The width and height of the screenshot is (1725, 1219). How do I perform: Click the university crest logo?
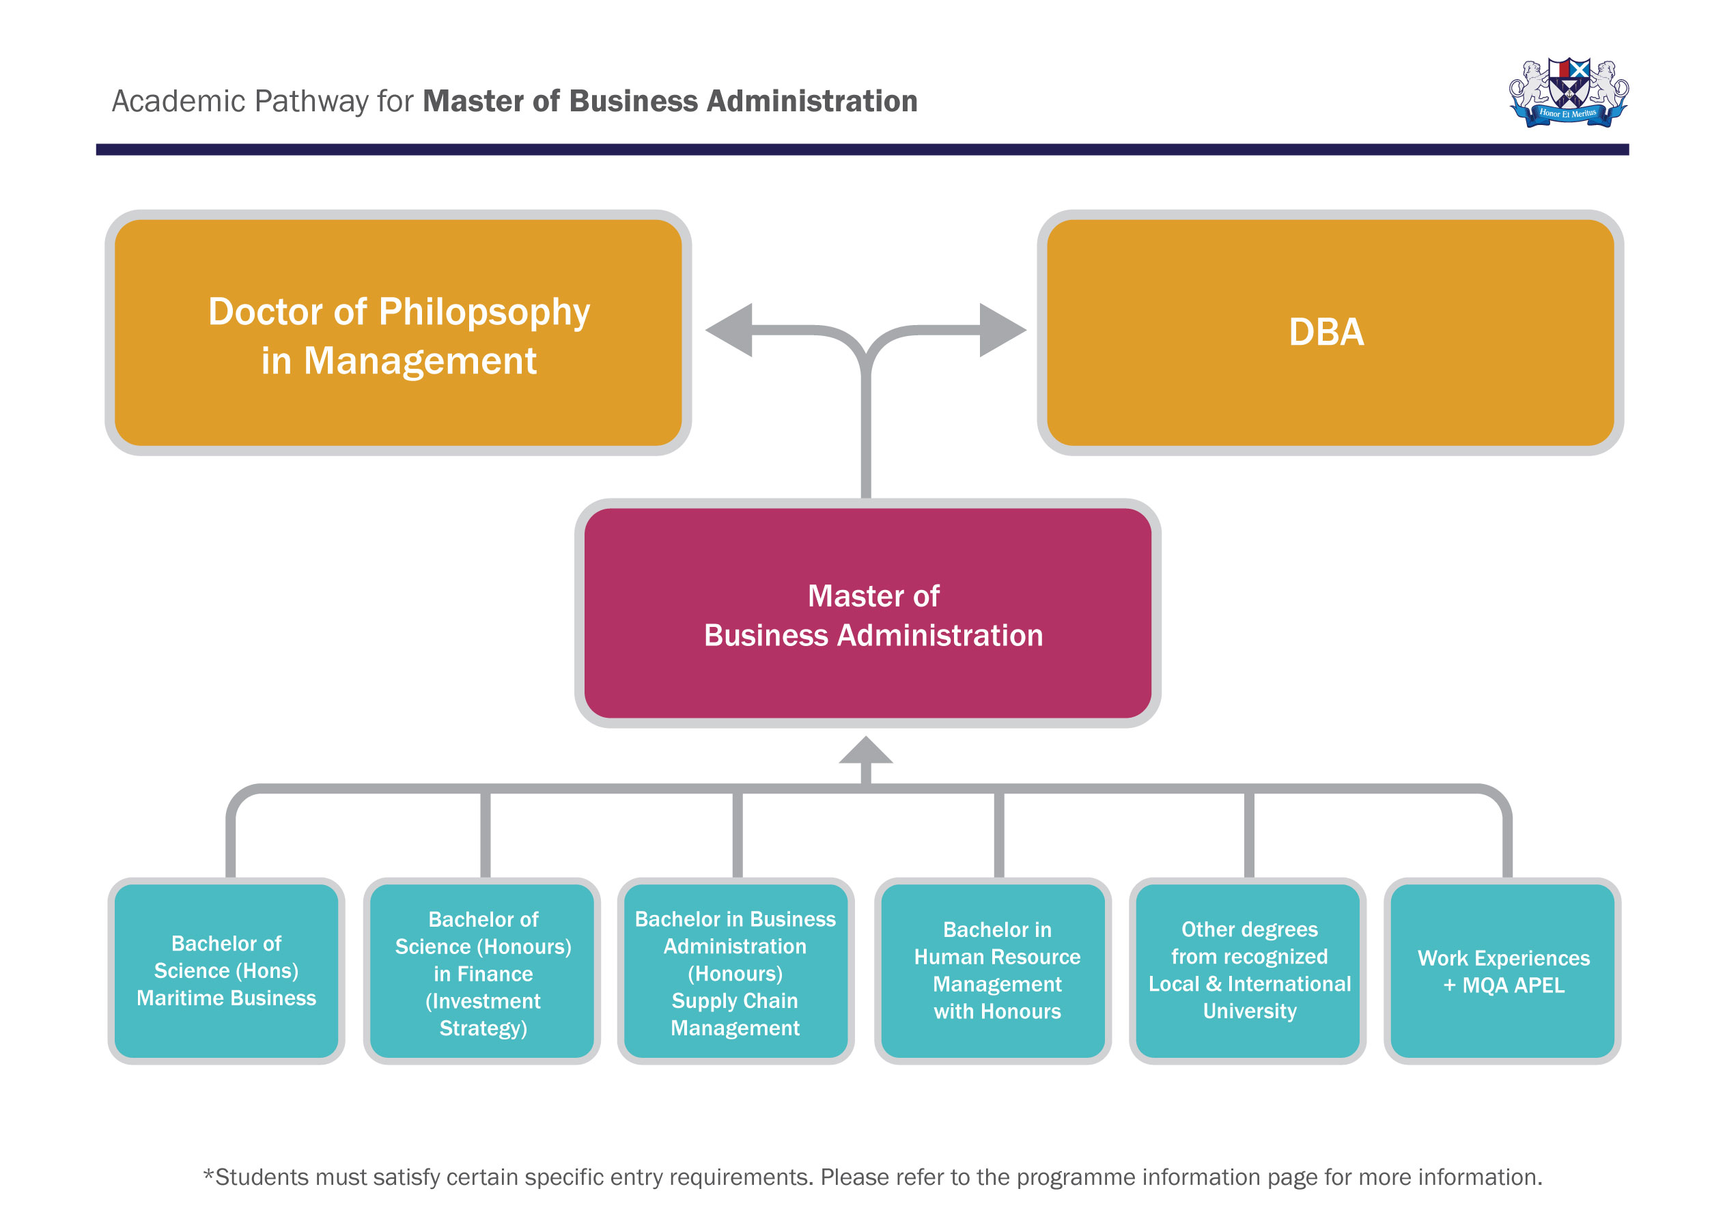click(x=1568, y=93)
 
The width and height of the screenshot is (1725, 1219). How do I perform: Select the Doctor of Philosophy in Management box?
click(x=398, y=332)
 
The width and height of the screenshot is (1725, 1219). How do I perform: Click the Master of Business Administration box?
click(x=867, y=613)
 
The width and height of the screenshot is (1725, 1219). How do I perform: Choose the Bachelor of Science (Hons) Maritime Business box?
click(x=226, y=970)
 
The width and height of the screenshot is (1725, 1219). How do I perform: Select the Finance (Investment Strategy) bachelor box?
click(x=482, y=970)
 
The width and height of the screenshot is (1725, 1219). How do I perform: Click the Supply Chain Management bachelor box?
click(x=735, y=970)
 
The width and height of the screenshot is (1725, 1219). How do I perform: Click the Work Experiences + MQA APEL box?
click(x=1502, y=970)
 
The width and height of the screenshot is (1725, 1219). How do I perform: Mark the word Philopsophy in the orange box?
click(x=484, y=313)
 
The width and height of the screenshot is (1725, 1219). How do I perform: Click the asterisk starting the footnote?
click(x=208, y=1175)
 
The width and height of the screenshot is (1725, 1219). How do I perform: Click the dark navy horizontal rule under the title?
click(x=862, y=150)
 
